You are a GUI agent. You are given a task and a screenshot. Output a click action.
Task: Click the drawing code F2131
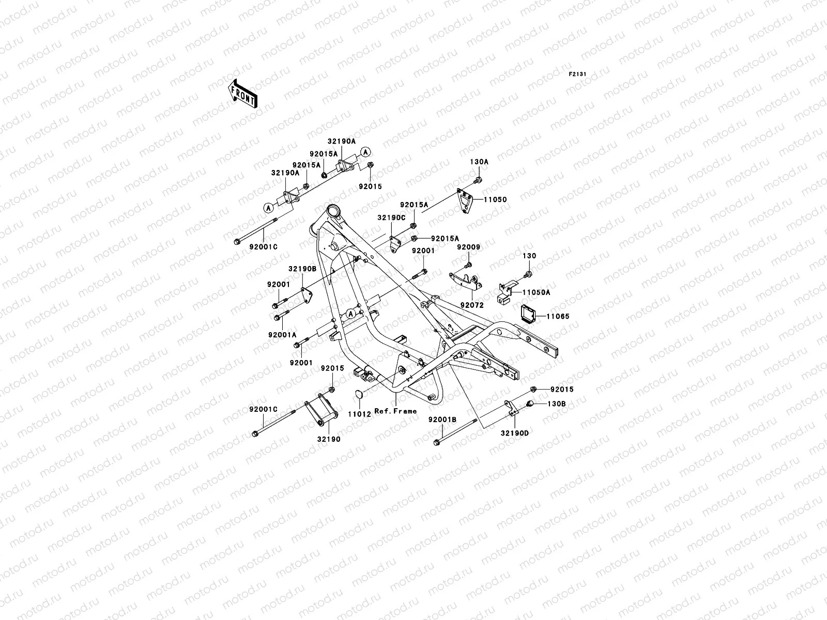pos(577,74)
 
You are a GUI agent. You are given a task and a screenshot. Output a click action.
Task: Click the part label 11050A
pos(536,292)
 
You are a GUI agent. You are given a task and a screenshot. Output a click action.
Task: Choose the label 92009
pos(468,247)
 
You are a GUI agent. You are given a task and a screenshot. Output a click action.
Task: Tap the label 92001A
pos(282,335)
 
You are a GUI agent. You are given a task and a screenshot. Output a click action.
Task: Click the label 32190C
pos(391,218)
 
